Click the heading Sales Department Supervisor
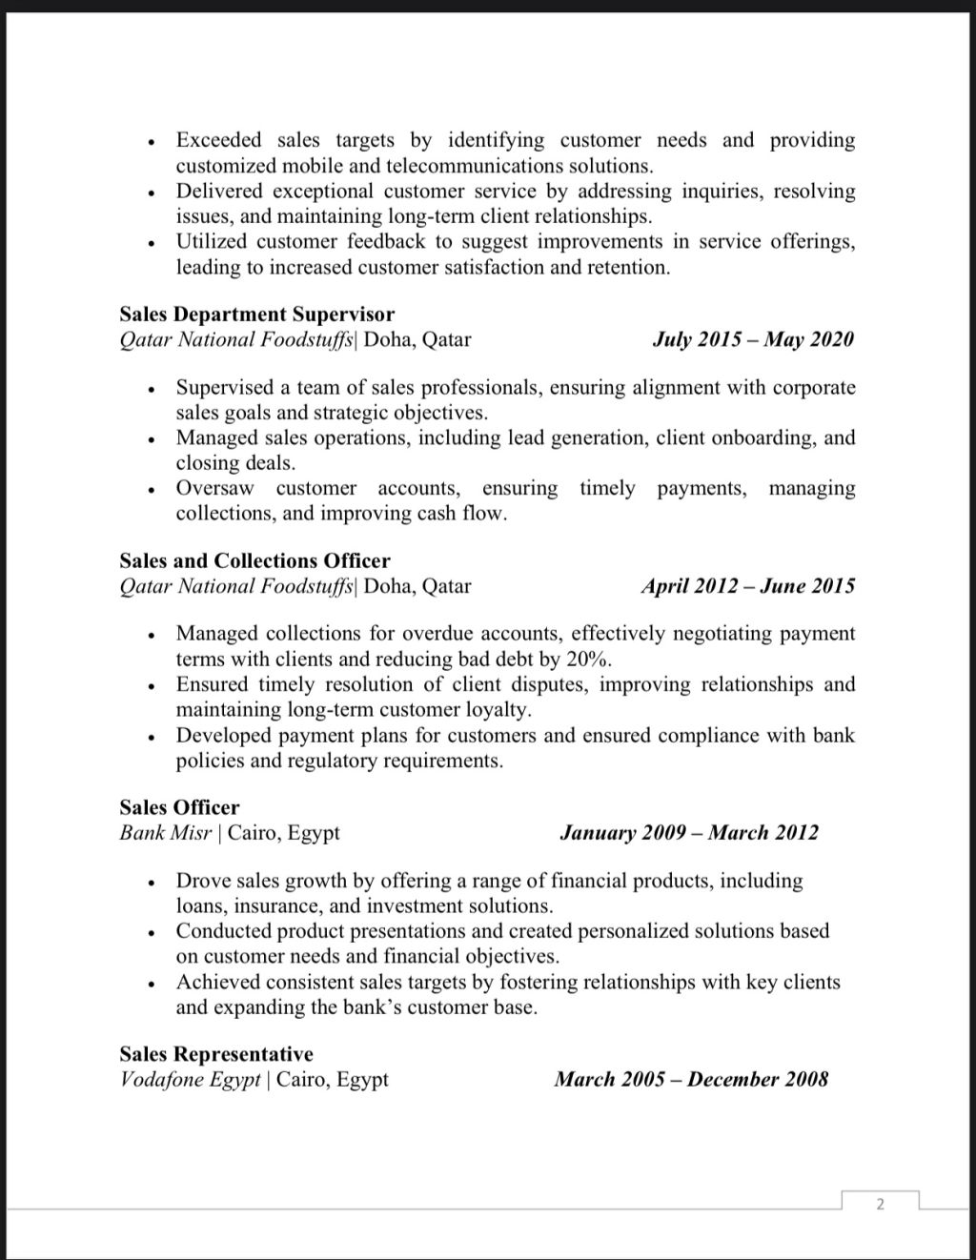(256, 315)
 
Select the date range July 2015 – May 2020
(753, 339)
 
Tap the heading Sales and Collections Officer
(254, 560)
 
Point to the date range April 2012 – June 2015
(747, 586)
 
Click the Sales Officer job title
(179, 807)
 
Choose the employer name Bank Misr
(165, 833)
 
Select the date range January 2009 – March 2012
(688, 833)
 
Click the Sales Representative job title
(215, 1054)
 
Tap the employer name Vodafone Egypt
(190, 1080)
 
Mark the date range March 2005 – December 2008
(691, 1080)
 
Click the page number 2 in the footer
(880, 1204)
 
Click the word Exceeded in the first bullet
(218, 140)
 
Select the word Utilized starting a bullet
(210, 241)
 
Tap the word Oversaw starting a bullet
(214, 488)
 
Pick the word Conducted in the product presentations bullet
(224, 931)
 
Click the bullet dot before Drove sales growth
(151, 883)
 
